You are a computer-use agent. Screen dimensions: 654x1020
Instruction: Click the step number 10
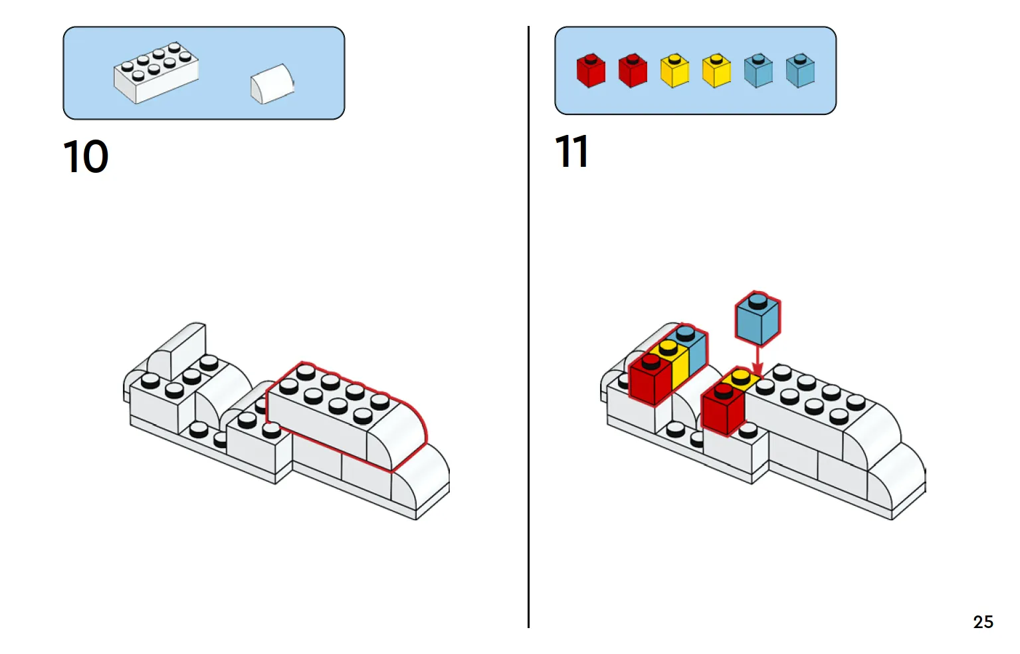click(x=86, y=157)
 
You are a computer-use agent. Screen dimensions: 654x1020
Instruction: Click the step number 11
click(x=571, y=152)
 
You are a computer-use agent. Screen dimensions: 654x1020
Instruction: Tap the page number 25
click(x=983, y=622)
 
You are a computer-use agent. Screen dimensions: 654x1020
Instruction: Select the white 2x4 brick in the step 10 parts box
click(x=155, y=72)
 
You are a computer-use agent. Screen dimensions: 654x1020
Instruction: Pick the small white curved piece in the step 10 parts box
click(x=272, y=84)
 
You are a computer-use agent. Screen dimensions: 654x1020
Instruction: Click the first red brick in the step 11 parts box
click(x=591, y=70)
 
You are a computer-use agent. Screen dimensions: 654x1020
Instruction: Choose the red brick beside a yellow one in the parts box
click(x=633, y=70)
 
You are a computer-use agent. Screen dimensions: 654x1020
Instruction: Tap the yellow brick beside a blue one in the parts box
click(x=716, y=70)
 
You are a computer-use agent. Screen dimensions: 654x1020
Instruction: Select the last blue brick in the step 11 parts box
click(x=800, y=70)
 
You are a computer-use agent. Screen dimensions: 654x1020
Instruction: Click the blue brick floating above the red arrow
click(x=758, y=318)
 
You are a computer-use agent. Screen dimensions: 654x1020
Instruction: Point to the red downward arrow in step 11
click(x=757, y=360)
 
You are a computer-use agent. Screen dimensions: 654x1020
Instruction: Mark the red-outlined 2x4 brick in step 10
click(x=332, y=412)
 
